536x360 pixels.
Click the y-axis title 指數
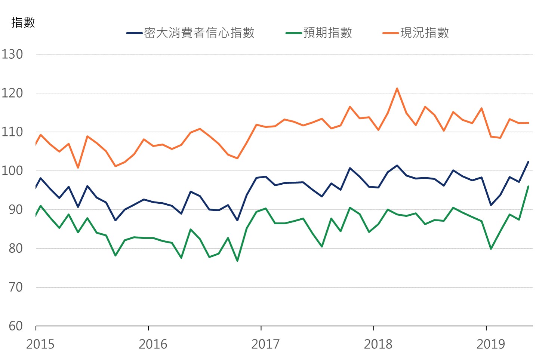[x=23, y=22]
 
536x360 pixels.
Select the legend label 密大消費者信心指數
[x=199, y=33]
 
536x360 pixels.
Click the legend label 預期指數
[x=327, y=33]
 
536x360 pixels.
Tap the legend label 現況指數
[x=424, y=33]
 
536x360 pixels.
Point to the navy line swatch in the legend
[x=135, y=33]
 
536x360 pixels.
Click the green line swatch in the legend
[x=294, y=33]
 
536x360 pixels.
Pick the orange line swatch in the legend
[x=391, y=33]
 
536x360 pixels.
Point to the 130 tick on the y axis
[x=12, y=54]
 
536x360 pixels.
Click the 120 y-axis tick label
[x=12, y=93]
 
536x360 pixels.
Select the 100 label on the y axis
[x=12, y=171]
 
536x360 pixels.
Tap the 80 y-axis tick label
[x=16, y=248]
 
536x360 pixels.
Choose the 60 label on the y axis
[x=16, y=326]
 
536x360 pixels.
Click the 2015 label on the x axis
[x=40, y=344]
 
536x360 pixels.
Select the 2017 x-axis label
[x=265, y=344]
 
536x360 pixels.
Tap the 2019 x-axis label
[x=490, y=344]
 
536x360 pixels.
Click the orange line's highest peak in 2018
[x=397, y=89]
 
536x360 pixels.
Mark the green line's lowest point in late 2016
[x=237, y=261]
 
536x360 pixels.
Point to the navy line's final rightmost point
[x=528, y=162]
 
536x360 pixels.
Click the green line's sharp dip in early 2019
[x=491, y=249]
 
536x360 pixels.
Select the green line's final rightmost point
[x=528, y=186]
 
